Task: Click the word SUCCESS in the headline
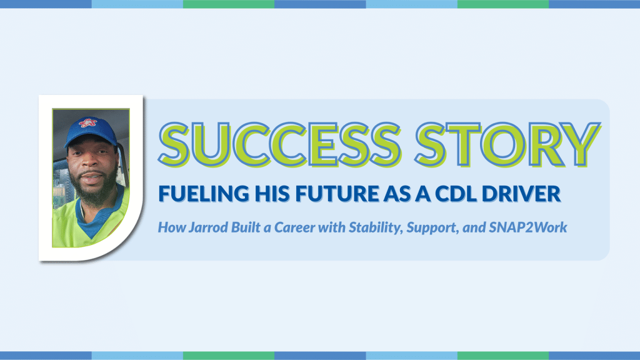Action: point(280,144)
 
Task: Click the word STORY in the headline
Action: point(507,144)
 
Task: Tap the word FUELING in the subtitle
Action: point(204,194)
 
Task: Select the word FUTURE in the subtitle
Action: point(337,194)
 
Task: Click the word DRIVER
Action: point(521,194)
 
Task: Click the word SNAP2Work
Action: point(527,227)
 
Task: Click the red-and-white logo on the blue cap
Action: point(87,123)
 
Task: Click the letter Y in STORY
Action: point(581,144)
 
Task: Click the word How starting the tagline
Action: point(171,227)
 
